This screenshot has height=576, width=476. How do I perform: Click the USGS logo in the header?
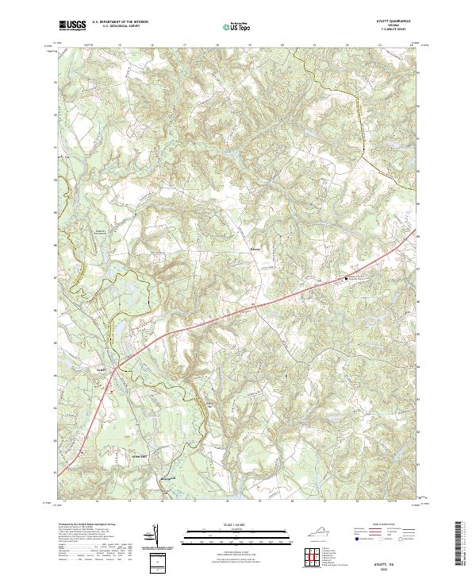[72, 26]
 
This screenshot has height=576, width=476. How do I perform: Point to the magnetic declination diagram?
[156, 539]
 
